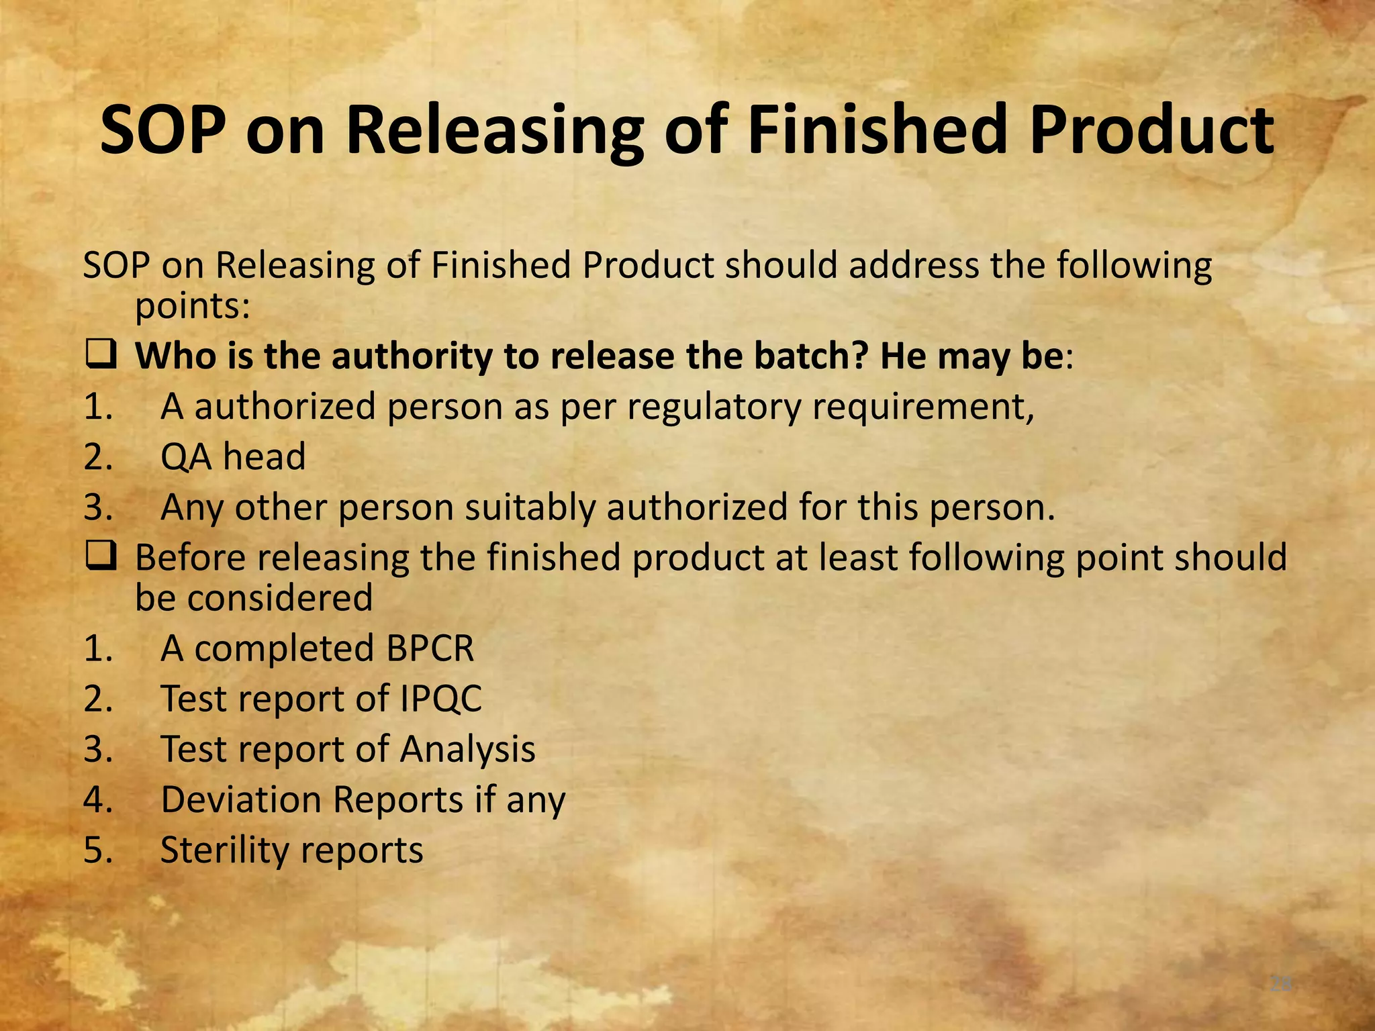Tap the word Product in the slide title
click(1151, 129)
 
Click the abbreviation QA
click(186, 457)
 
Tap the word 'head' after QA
click(265, 457)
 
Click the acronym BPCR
click(430, 649)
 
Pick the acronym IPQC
click(441, 699)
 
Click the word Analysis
click(468, 750)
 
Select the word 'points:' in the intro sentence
click(193, 307)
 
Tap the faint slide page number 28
click(1280, 985)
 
